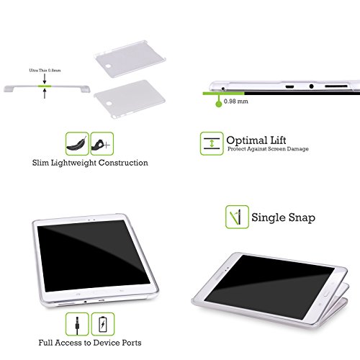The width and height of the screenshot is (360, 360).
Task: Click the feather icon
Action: pyautogui.click(x=77, y=144)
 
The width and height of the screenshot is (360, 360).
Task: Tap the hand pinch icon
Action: pyautogui.click(x=102, y=144)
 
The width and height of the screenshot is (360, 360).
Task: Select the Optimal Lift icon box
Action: pyautogui.click(x=212, y=143)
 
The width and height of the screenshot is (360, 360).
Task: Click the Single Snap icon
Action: pyautogui.click(x=237, y=217)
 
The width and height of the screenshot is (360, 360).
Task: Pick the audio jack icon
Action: pyautogui.click(x=77, y=324)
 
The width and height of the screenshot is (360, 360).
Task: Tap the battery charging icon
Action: pyautogui.click(x=103, y=324)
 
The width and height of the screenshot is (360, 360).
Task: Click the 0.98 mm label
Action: pyautogui.click(x=236, y=102)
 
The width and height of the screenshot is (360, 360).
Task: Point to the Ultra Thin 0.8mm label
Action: pyautogui.click(x=45, y=71)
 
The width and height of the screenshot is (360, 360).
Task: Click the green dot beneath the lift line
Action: pyautogui.click(x=219, y=104)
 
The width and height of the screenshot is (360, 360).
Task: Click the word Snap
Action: pyautogui.click(x=302, y=218)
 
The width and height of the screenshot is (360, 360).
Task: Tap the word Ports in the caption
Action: pyautogui.click(x=131, y=343)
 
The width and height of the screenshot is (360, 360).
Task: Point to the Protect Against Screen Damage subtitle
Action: pyautogui.click(x=268, y=149)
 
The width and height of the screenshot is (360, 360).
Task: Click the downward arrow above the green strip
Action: pyautogui.click(x=45, y=79)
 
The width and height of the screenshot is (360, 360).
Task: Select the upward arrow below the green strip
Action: pyautogui.click(x=45, y=94)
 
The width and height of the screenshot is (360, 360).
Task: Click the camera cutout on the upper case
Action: pyautogui.click(x=109, y=66)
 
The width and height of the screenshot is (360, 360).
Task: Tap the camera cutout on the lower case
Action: pyautogui.click(x=109, y=104)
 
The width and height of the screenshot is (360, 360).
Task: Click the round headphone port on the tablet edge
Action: pyautogui.click(x=311, y=86)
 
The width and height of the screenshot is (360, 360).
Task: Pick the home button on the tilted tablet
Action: pyautogui.click(x=327, y=294)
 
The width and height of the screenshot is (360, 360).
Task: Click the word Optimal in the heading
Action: pyautogui.click(x=247, y=140)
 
